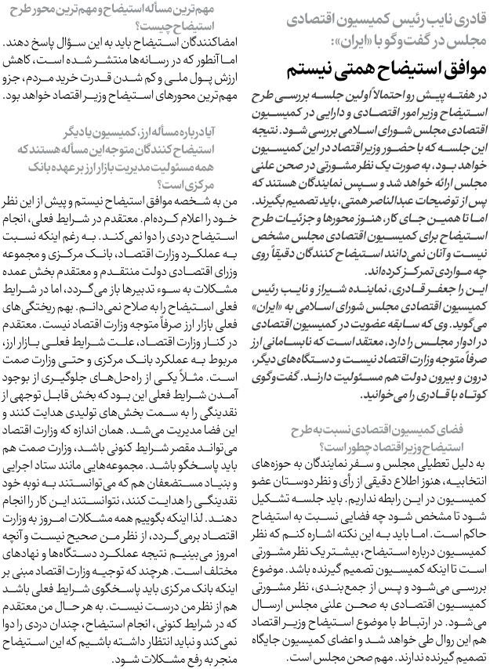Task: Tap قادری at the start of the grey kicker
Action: click(x=463, y=18)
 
